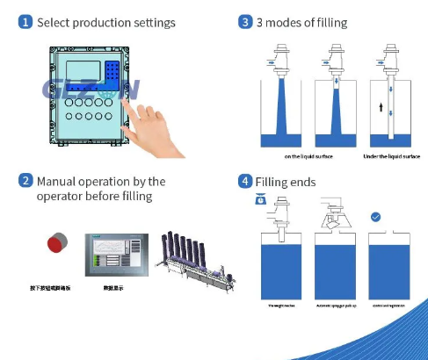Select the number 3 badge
(245, 23)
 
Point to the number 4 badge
(245, 182)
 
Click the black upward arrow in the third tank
(380, 107)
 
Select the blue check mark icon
(375, 216)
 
